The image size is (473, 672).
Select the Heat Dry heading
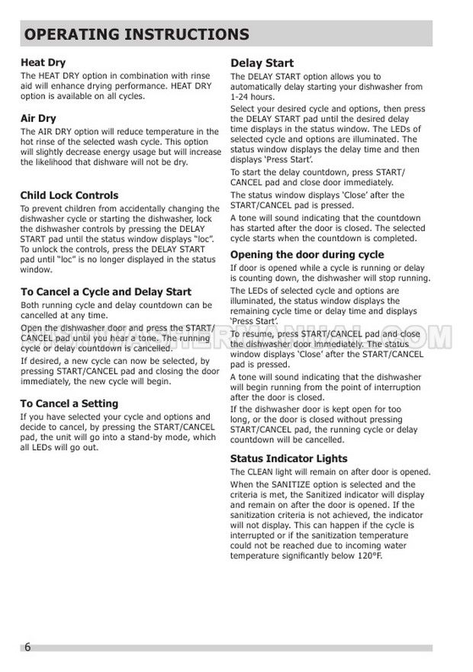coord(43,63)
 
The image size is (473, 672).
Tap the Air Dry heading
coord(38,118)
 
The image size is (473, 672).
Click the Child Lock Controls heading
coord(69,195)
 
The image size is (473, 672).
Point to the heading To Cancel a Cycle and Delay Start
coord(106,291)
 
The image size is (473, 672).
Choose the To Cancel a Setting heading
coord(69,404)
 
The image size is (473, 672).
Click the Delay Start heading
coord(262,63)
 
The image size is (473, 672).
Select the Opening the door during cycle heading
coord(307,255)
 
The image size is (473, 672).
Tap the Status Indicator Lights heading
coord(288,458)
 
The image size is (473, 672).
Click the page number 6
coord(27,648)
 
